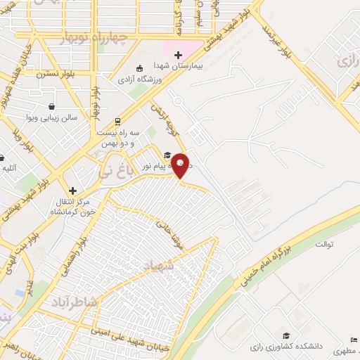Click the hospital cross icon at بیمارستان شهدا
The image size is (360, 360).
point(178,54)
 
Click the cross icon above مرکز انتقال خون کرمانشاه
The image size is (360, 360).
point(72,191)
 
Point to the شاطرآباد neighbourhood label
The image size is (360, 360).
point(77,302)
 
